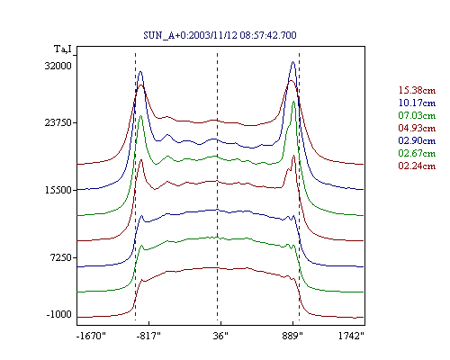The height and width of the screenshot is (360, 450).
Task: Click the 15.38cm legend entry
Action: tap(417, 90)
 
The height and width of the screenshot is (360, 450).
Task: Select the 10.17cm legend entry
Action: tap(417, 103)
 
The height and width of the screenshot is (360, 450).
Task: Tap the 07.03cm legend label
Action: tap(417, 115)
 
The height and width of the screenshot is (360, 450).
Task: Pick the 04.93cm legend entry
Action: tap(417, 128)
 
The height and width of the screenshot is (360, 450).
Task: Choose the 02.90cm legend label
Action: tap(417, 140)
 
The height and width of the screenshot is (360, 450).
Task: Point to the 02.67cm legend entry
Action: tap(417, 153)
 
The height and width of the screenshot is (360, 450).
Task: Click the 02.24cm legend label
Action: tap(417, 166)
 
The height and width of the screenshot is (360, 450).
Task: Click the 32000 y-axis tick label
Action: tap(58, 66)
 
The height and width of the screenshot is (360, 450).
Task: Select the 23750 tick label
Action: tap(58, 122)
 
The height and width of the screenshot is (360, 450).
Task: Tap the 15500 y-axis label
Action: tap(58, 190)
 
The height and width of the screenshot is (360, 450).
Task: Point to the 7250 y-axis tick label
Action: tap(62, 257)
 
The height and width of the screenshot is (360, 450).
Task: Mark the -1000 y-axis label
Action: tap(59, 314)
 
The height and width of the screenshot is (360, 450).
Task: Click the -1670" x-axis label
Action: tap(91, 336)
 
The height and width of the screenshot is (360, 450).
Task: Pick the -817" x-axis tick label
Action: tap(148, 336)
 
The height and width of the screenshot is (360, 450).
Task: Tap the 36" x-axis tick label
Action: tap(220, 336)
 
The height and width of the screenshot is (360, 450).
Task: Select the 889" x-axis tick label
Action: tap(292, 336)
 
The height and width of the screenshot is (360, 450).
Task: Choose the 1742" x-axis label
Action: tap(351, 336)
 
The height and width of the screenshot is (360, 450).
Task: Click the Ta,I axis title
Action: tap(63, 49)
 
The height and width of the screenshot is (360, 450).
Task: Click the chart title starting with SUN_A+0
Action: tap(220, 35)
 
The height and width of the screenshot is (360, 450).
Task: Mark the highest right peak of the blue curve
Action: tap(293, 62)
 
